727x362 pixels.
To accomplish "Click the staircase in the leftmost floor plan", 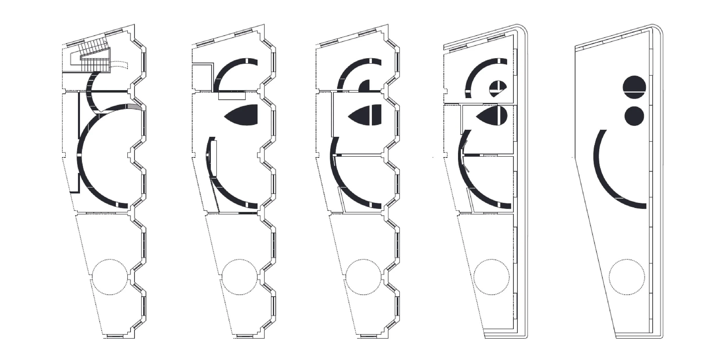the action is click(x=93, y=58).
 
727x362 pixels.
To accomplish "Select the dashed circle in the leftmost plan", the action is click(x=110, y=277).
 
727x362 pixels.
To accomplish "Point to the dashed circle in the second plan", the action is click(x=240, y=277).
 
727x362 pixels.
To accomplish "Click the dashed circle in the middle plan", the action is click(x=363, y=277).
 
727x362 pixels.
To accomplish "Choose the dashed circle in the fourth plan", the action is click(x=491, y=277).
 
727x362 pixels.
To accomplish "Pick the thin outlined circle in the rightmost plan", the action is click(x=627, y=277).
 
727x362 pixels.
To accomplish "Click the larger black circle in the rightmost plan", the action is click(x=634, y=87).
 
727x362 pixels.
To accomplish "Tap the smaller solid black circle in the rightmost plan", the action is click(x=634, y=116).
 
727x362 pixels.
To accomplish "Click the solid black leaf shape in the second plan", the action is click(x=243, y=115).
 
